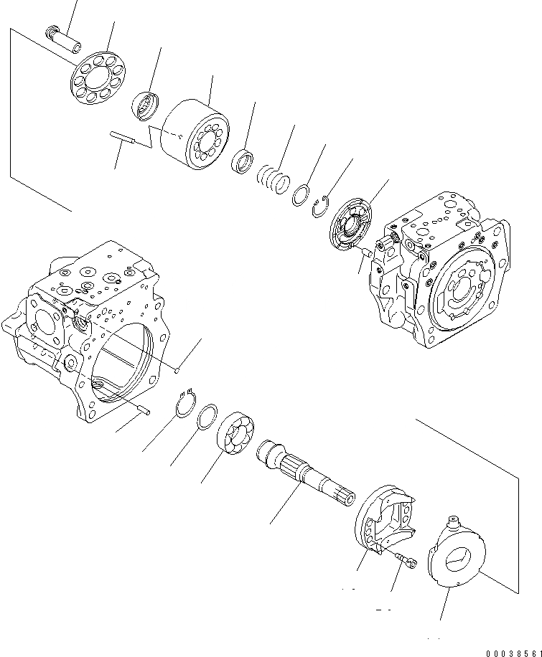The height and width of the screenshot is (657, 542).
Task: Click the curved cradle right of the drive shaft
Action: click(386, 521)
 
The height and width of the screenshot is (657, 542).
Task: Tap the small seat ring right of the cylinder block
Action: click(242, 161)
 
